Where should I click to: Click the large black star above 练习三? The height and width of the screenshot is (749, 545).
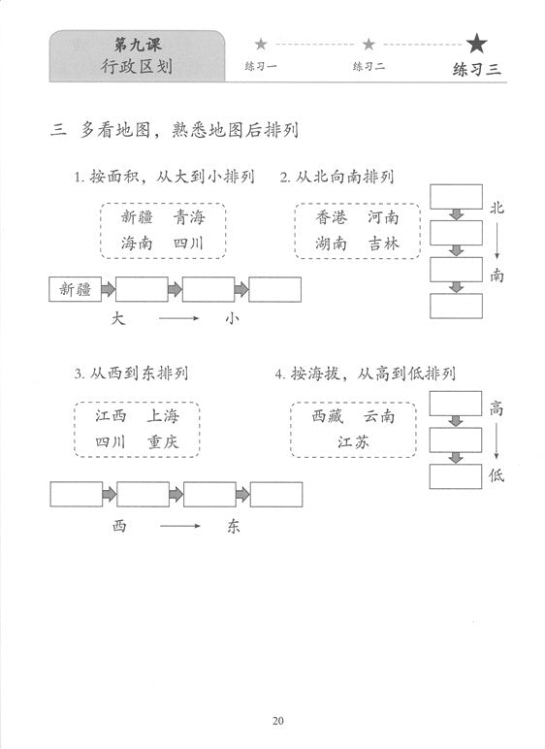pos(477,44)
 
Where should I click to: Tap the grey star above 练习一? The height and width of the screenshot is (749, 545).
pos(261,45)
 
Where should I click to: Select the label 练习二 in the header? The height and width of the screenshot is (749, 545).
pos(369,66)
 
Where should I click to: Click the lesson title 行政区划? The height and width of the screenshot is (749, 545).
pos(137,66)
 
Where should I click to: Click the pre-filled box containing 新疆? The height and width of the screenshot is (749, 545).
pos(75,289)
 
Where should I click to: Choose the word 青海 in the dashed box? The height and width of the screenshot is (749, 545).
pos(189,217)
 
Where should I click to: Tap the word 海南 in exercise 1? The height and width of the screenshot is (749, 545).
pos(137,244)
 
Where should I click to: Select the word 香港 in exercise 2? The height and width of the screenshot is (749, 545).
pos(331,217)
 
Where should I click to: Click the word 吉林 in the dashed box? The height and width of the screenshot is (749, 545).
pos(384,244)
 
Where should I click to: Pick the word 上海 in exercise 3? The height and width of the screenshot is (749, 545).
pos(162,415)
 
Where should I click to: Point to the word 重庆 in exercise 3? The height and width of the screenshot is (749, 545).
pos(162,441)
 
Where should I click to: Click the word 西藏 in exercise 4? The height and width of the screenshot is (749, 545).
pos(328,416)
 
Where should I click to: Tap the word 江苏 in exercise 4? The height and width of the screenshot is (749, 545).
pos(353,441)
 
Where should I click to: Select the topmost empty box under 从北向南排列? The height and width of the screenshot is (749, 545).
pos(456,197)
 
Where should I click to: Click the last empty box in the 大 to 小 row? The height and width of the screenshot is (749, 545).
pos(274,289)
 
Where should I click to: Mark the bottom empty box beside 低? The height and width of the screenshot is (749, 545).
pos(456,476)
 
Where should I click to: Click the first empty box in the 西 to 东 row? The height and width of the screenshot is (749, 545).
pos(77,495)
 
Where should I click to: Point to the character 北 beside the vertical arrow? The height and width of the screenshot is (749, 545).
pos(497,208)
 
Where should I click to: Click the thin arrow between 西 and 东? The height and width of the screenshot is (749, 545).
pos(180,526)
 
